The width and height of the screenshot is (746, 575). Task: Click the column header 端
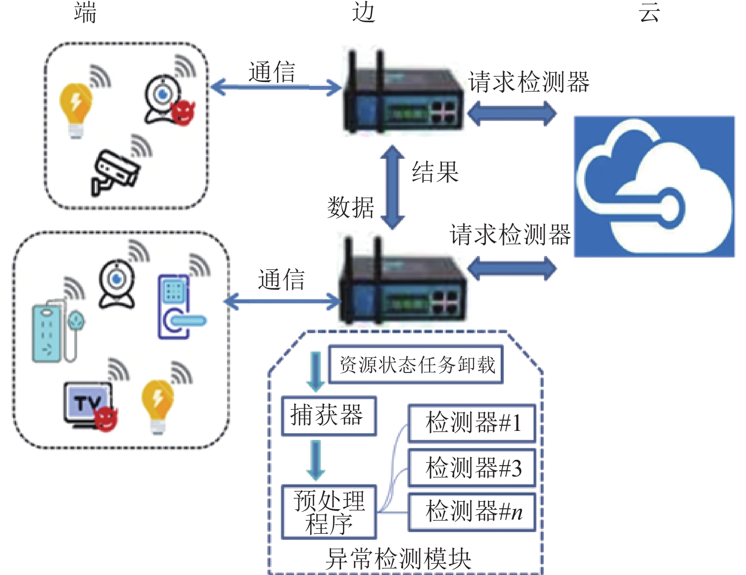click(85, 12)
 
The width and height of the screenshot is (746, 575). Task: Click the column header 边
click(364, 12)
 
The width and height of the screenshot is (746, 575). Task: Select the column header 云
click(649, 12)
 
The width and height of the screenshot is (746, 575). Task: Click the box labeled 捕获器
click(329, 416)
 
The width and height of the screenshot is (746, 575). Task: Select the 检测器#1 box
click(472, 423)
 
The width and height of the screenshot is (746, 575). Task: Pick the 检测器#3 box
click(472, 468)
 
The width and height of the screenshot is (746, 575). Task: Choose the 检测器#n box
click(472, 512)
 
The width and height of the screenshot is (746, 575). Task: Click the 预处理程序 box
click(329, 512)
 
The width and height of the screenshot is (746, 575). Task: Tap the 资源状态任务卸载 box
click(416, 365)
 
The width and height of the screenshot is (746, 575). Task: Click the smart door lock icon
click(181, 307)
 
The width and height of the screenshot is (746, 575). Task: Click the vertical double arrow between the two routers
click(392, 188)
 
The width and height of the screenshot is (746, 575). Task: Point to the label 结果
click(435, 172)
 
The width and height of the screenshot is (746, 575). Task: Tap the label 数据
click(351, 208)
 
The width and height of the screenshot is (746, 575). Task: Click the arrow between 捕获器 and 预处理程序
click(315, 461)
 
